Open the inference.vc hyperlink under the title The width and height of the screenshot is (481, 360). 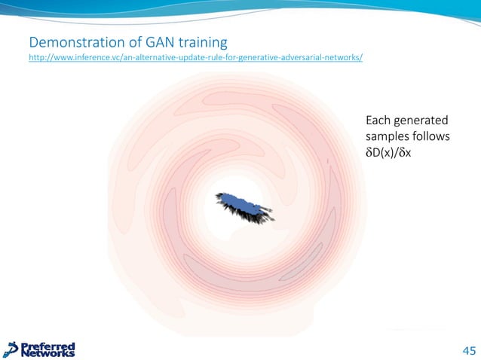[195, 57]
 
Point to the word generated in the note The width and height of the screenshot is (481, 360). [422, 121]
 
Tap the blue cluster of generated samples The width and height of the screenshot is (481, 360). [243, 203]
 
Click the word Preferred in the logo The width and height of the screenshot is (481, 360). [49, 345]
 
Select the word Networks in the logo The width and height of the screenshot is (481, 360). [48, 352]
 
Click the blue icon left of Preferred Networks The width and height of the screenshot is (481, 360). [12, 349]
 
